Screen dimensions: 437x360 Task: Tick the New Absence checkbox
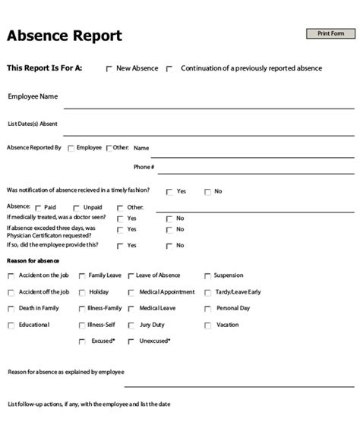click(x=109, y=69)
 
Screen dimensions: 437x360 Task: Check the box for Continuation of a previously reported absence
click(x=169, y=69)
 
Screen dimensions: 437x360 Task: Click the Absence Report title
click(x=65, y=36)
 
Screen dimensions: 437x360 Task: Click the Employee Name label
click(x=33, y=96)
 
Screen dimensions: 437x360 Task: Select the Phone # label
click(x=144, y=166)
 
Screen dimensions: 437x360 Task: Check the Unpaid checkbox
click(x=77, y=207)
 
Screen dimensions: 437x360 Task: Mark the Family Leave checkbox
click(x=81, y=276)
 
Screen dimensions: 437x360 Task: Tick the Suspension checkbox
click(x=207, y=276)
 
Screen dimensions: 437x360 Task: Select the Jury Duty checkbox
click(x=131, y=325)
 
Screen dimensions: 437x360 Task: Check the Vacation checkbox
click(x=207, y=325)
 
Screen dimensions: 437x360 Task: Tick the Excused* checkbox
click(x=81, y=342)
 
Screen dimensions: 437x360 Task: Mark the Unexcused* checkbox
click(x=131, y=342)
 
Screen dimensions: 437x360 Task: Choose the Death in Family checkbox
click(x=11, y=309)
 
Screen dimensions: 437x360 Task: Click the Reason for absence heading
click(x=33, y=261)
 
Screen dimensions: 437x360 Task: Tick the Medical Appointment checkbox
click(x=131, y=293)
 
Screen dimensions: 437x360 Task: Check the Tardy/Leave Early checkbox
click(x=207, y=293)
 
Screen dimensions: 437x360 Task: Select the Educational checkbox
click(x=11, y=325)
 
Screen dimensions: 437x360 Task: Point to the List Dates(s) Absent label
click(x=32, y=124)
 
